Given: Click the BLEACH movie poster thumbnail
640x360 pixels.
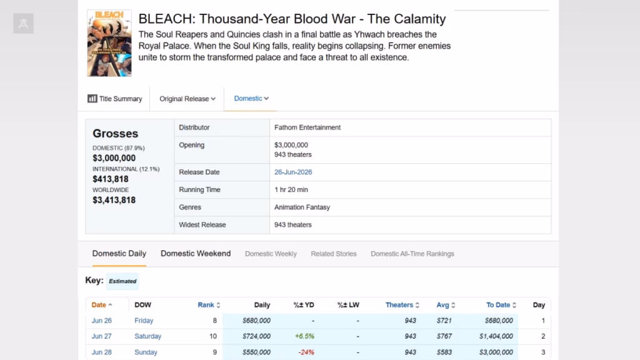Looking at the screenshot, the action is pos(109,43).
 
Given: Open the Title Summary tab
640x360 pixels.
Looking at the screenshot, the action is pos(115,99).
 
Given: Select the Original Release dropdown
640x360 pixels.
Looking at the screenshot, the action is pos(187,99).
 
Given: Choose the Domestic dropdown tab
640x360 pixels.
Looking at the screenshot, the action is pos(251,98).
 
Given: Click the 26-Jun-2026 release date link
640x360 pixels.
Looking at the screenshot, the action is pos(293,172).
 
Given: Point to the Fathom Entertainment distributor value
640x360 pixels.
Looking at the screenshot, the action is pos(307,127).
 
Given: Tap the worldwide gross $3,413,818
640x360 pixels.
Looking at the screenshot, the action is pos(114,200).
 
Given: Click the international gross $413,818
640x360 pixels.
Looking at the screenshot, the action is pos(111,179).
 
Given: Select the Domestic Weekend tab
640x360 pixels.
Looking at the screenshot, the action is pos(196,254).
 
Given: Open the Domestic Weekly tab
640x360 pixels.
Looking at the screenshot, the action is pos(271,254).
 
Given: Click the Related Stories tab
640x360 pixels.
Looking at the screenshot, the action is pos(334,254).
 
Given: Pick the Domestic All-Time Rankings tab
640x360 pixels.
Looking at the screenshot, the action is pos(412,254).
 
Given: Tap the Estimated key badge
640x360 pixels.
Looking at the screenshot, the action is pos(122,281).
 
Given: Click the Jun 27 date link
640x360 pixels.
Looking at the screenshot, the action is pos(102,336).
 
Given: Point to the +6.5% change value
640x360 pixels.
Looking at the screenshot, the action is pos(304,336).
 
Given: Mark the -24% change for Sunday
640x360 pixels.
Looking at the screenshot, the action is pos(306,352).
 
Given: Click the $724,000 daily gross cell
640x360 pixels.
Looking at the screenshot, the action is pos(256,336).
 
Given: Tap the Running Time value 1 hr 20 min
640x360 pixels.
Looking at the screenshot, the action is pos(291,190).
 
